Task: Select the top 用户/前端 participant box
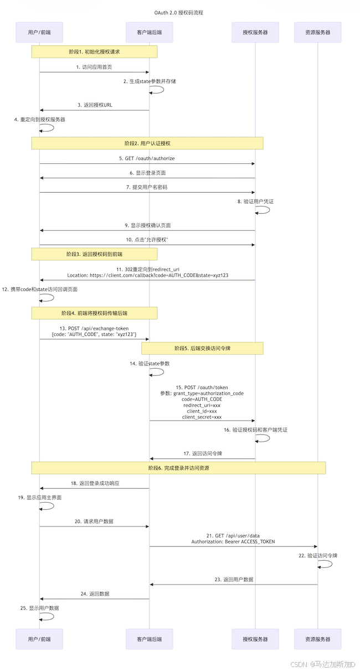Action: tap(39, 33)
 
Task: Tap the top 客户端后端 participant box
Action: tap(149, 33)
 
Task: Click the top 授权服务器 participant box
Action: tap(255, 33)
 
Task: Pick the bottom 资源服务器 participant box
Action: tap(317, 639)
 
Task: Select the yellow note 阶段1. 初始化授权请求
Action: tap(94, 51)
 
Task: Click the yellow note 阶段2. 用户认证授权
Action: tap(147, 143)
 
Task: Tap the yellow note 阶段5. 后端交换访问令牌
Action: tap(202, 348)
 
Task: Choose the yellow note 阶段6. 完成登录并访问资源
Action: tap(178, 468)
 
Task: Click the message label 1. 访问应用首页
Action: tap(95, 67)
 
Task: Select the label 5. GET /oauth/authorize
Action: tap(147, 158)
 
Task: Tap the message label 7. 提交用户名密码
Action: tap(147, 187)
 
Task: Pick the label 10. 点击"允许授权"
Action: tap(147, 239)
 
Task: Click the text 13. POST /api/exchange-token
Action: tap(94, 328)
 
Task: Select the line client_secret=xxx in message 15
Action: tap(202, 417)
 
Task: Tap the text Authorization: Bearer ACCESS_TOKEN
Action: tap(233, 541)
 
